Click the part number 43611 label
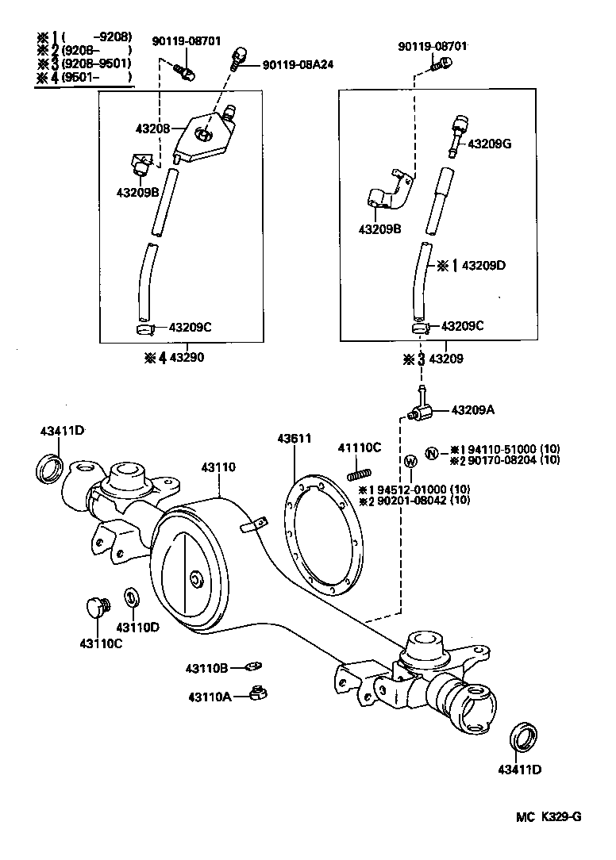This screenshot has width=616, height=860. click(x=294, y=438)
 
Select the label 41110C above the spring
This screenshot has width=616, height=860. click(x=360, y=447)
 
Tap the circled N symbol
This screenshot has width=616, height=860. click(x=431, y=453)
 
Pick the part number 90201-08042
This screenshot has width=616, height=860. click(x=413, y=500)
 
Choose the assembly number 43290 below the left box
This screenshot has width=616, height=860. click(x=187, y=358)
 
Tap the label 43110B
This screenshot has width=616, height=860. click(x=208, y=667)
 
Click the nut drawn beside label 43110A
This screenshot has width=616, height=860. click(x=256, y=693)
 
